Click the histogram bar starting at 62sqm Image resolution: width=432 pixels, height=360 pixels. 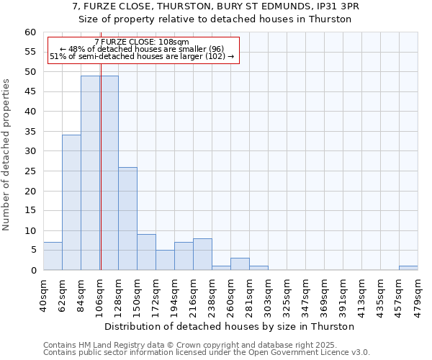71,202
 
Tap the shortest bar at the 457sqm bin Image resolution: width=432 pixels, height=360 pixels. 408,268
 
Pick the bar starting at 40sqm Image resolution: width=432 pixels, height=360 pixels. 53,256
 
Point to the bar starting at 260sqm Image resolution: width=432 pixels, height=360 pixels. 240,264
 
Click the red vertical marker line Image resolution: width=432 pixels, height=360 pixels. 101,180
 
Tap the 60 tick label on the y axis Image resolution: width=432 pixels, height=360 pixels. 30,32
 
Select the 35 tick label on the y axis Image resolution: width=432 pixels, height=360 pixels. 30,132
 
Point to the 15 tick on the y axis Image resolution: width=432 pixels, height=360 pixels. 30,211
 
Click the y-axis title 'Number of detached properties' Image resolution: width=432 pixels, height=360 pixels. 7,155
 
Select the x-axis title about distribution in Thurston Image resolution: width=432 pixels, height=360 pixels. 230,326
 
